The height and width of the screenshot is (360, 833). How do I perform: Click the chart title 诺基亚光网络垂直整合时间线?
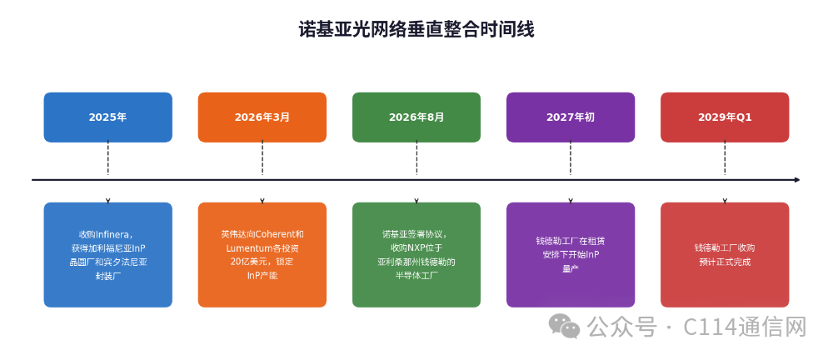[416, 29]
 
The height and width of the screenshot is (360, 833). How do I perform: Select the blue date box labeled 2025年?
[107, 117]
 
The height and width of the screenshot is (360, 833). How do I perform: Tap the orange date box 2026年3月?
[262, 117]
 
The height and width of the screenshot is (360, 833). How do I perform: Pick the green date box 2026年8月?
[416, 117]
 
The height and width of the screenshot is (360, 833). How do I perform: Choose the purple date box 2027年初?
[571, 117]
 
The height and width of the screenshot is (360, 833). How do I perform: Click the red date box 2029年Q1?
[725, 117]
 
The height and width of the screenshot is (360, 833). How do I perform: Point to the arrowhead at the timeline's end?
[797, 180]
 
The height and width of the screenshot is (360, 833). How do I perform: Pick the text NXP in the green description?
[417, 247]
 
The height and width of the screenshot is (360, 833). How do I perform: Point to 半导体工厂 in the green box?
[416, 276]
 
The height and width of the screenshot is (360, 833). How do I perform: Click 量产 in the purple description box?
[571, 268]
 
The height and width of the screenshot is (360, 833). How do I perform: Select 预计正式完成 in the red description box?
[725, 262]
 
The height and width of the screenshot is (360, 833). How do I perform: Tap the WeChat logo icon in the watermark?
[565, 326]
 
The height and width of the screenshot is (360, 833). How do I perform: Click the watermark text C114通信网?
[745, 327]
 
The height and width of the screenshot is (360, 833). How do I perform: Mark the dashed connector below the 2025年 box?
[107, 158]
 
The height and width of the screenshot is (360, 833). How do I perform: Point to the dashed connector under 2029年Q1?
[725, 158]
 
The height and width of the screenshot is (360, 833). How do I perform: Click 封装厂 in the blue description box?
[107, 276]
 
